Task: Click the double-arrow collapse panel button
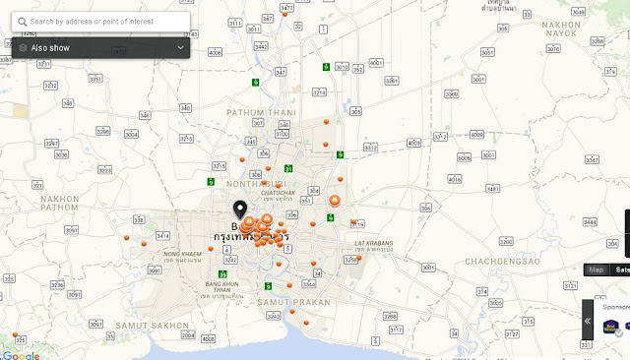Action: pyautogui.click(x=588, y=321)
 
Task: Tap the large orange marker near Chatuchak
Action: pyautogui.click(x=335, y=201)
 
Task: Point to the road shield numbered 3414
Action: pyautogui.click(x=162, y=236)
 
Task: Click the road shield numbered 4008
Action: pyautogui.click(x=208, y=338)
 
